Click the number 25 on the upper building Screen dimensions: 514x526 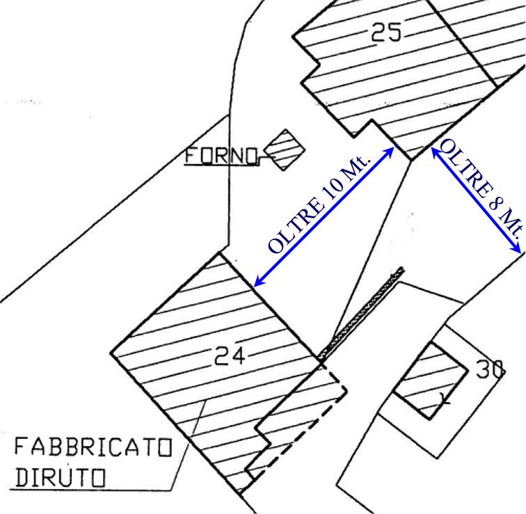click(387, 32)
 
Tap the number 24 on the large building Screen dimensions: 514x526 click(230, 357)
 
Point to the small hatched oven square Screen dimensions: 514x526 click(284, 149)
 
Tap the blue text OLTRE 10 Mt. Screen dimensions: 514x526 click(320, 204)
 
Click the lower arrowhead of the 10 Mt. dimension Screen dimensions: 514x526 click(256, 284)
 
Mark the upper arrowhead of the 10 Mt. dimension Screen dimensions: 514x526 click(392, 150)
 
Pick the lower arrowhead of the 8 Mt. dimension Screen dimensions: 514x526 click(518, 250)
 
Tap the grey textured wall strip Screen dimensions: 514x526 click(363, 312)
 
